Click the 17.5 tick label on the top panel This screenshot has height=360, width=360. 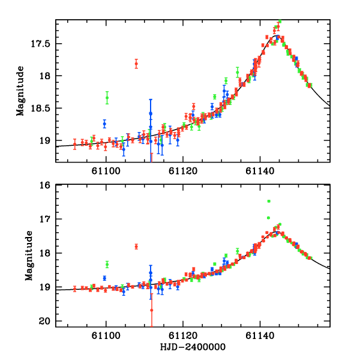tap(44, 44)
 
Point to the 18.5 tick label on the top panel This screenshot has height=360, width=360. tap(44, 109)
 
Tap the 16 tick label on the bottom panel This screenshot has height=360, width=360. tap(47, 185)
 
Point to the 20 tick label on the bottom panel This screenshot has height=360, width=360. tap(47, 322)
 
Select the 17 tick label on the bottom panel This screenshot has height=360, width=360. tap(47, 220)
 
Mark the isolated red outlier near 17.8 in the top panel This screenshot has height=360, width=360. tap(136, 63)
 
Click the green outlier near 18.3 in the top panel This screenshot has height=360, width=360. tap(107, 98)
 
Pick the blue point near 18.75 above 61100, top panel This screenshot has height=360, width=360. tap(104, 124)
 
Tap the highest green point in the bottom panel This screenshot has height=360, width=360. tap(269, 201)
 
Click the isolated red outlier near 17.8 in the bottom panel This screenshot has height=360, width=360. tap(136, 246)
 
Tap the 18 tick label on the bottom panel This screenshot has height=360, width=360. tap(47, 254)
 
